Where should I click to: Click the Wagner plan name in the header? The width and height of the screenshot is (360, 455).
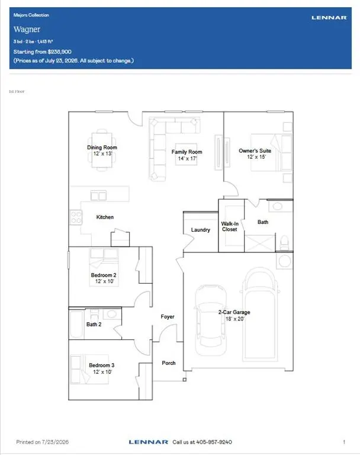tap(27, 29)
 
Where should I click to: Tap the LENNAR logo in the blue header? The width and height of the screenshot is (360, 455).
tap(329, 18)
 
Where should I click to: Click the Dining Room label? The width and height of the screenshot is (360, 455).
tap(102, 148)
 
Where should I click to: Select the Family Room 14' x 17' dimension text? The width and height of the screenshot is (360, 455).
tap(187, 158)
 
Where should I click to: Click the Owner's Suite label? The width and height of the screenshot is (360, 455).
tap(255, 150)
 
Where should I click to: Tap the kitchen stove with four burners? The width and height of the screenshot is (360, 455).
tap(76, 217)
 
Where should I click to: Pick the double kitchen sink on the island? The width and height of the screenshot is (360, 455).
tap(99, 196)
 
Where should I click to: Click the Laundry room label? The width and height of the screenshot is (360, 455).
tap(201, 230)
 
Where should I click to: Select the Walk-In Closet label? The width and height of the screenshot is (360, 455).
tap(230, 226)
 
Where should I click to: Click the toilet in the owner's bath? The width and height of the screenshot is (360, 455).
tap(284, 243)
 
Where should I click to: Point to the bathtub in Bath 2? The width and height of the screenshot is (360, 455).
tap(77, 324)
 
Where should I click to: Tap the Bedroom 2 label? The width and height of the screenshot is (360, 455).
tap(104, 275)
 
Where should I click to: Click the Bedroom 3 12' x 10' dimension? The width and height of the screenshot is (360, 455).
tap(102, 372)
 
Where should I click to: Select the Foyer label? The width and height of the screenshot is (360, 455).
tap(168, 316)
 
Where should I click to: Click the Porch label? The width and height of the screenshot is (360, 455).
tap(169, 363)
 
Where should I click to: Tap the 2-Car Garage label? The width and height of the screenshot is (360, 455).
tap(234, 312)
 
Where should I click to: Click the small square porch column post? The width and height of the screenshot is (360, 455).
tap(185, 380)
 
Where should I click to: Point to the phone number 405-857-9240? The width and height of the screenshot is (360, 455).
tap(214, 442)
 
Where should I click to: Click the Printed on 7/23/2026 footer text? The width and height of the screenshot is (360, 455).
tap(43, 442)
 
